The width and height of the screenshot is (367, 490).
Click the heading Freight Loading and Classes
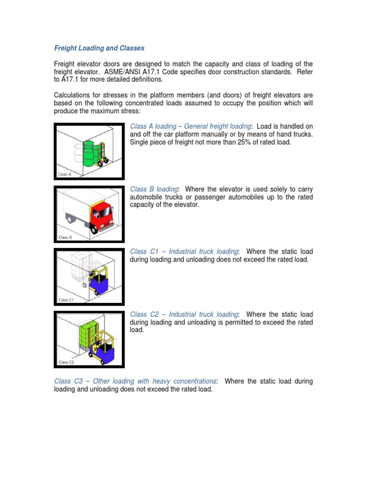tap(99, 48)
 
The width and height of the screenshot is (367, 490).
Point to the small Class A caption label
tap(65, 175)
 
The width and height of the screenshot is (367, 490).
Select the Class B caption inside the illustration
tap(65, 237)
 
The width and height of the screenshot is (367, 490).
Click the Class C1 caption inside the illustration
tap(66, 300)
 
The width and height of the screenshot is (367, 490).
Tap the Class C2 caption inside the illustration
tap(66, 362)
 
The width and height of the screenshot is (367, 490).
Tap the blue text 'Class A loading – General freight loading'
tap(190, 126)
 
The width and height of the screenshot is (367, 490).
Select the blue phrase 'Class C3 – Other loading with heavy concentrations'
tap(135, 381)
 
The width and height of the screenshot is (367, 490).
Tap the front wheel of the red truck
tap(95, 229)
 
